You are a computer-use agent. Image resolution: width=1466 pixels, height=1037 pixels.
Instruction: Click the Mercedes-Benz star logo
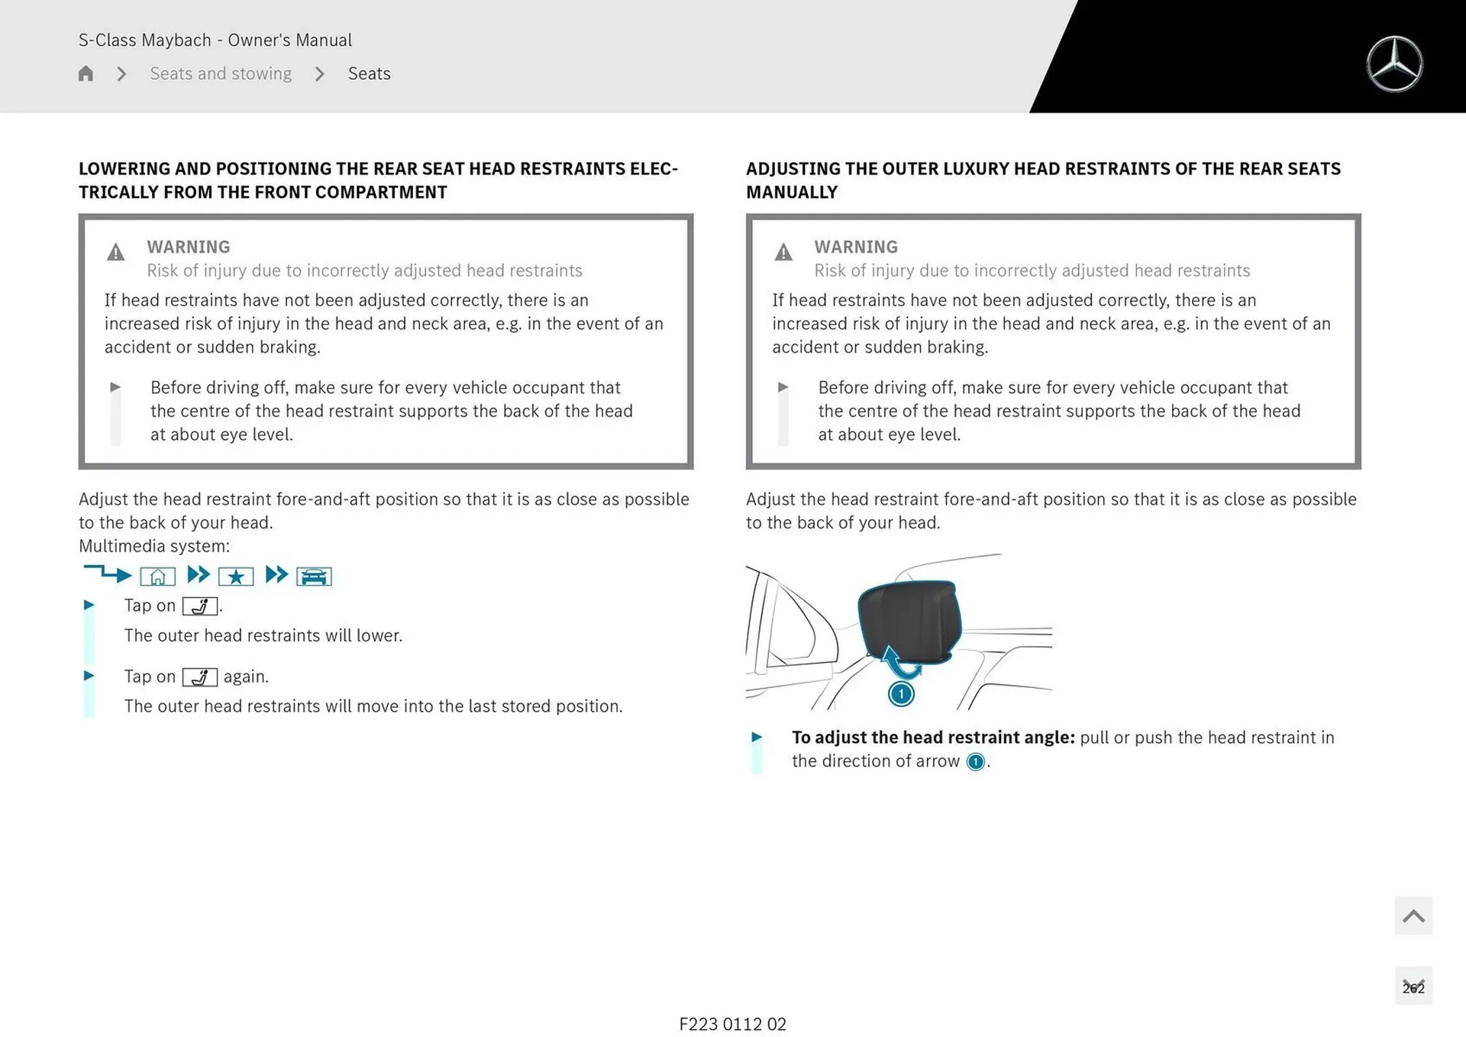1394,64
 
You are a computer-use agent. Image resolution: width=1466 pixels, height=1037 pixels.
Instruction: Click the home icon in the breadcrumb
86,73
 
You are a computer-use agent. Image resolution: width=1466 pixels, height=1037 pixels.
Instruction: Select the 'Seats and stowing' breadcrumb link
221,73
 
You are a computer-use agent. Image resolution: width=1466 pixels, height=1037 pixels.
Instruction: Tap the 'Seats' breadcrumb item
370,73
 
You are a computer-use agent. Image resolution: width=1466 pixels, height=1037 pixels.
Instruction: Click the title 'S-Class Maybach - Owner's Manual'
215,40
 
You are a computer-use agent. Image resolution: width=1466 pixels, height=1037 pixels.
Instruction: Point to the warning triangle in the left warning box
116,252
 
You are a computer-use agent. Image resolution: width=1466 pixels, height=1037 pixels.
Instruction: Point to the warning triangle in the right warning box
783,252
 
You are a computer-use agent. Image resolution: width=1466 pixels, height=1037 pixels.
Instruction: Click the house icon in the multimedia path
158,577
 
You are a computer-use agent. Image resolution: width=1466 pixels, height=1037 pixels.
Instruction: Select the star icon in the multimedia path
236,577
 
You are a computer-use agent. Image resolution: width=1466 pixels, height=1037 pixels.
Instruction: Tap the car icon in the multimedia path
314,577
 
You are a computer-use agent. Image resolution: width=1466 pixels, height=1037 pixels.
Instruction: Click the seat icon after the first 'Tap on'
200,606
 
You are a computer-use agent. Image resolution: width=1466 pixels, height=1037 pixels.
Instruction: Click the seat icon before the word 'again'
200,677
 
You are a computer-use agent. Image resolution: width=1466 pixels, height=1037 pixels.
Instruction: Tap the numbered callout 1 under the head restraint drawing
901,693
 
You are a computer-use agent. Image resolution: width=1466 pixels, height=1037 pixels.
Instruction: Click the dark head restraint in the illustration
909,620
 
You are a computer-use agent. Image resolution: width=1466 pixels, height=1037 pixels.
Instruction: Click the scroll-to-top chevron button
1413,916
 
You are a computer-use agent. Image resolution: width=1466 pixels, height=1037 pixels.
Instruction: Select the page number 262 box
1413,987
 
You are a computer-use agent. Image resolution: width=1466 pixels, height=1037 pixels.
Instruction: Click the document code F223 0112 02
733,1024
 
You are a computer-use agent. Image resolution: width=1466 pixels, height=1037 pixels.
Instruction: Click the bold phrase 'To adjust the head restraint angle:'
933,738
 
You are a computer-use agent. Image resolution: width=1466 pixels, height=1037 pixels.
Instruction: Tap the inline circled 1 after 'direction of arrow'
975,762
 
